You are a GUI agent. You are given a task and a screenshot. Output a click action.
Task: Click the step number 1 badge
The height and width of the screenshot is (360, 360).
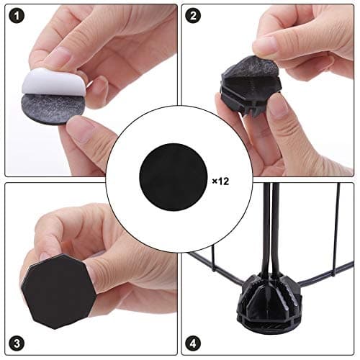[17, 16]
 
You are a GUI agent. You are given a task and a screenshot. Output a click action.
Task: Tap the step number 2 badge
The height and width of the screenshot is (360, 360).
[193, 16]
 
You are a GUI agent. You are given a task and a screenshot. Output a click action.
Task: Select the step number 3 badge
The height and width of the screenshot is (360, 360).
[17, 343]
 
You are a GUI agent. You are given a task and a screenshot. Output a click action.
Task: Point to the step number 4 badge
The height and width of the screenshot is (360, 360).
[193, 343]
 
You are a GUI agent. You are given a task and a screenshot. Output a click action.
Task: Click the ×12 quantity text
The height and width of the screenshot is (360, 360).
[220, 181]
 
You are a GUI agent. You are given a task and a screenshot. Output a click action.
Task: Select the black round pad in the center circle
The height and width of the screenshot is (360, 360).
[173, 177]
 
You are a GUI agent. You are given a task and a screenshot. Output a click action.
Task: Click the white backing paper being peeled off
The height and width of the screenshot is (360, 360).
[53, 83]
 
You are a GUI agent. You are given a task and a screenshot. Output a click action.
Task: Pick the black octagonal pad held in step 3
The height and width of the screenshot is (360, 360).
[58, 291]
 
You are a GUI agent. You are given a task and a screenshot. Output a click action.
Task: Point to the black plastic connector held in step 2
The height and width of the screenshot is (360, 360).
[251, 92]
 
